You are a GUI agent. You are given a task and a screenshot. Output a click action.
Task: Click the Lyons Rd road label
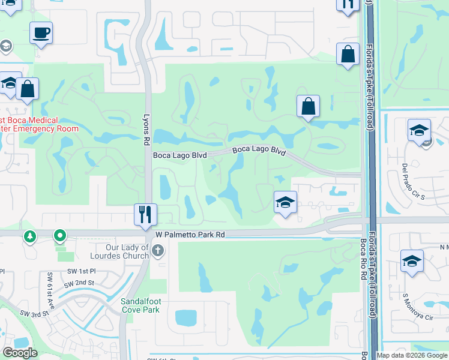pos(146,130)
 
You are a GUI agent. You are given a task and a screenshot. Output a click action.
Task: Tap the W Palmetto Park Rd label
pos(190,236)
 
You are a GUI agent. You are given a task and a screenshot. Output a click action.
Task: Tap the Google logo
pos(20,353)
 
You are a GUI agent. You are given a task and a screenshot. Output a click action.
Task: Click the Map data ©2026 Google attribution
pos(412,355)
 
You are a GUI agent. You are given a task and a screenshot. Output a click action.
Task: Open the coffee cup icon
pos(41,33)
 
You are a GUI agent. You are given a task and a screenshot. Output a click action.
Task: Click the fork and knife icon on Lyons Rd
pos(145,214)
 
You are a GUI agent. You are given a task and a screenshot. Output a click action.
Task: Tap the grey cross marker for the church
pos(158,250)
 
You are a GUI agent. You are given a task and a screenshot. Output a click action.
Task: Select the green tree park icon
pos(30,236)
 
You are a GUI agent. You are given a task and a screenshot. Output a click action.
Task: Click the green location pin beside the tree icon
pos(60,236)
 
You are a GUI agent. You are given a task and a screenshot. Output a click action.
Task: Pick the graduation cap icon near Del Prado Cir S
pos(419,130)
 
